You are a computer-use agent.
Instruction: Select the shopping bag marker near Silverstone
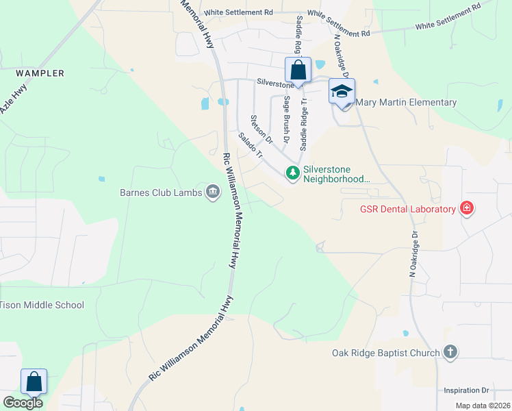click(x=298, y=70)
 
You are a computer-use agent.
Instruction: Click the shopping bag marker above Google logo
click(x=34, y=381)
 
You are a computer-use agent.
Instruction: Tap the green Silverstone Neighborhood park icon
click(x=293, y=173)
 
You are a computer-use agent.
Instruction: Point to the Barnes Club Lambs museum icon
click(x=212, y=192)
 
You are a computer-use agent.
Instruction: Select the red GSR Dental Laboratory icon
click(x=467, y=208)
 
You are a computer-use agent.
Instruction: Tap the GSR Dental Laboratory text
click(x=408, y=209)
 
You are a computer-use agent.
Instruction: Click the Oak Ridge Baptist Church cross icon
click(x=450, y=353)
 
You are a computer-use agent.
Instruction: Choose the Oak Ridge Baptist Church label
click(x=385, y=353)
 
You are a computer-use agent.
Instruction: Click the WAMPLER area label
click(x=41, y=73)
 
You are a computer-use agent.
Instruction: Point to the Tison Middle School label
click(x=42, y=305)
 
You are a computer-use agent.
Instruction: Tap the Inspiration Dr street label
click(x=466, y=390)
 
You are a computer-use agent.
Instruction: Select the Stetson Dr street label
click(x=261, y=129)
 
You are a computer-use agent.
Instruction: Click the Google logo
click(x=23, y=403)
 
